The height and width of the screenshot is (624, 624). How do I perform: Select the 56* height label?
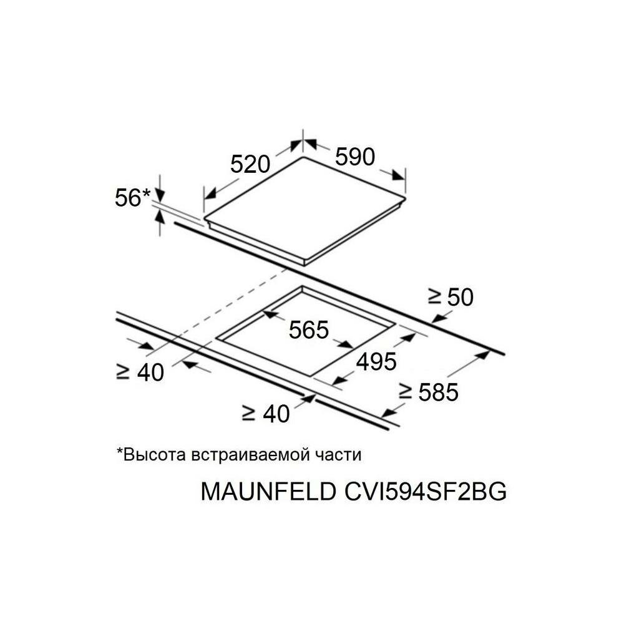tap(132, 198)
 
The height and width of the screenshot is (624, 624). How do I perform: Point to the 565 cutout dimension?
tap(308, 329)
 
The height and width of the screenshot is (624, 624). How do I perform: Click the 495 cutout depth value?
tap(376, 361)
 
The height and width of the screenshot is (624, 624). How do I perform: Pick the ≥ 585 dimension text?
tap(429, 392)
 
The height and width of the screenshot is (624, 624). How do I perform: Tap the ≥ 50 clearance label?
tap(451, 297)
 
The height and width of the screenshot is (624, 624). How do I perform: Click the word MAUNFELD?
tap(268, 492)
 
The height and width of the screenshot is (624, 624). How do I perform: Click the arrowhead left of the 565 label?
tap(269, 316)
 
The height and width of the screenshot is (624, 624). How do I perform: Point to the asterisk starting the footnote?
tap(119, 452)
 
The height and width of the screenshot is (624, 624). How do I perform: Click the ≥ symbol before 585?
tap(406, 392)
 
